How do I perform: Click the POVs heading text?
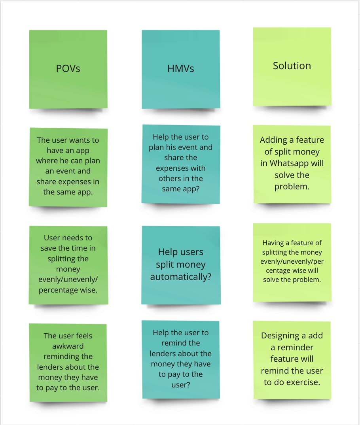click(68, 69)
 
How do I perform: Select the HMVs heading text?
click(181, 69)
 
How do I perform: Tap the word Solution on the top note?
click(292, 66)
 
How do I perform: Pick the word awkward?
click(68, 346)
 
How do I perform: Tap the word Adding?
click(273, 140)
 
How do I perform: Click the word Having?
click(273, 243)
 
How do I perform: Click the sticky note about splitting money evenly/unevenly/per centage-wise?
click(292, 262)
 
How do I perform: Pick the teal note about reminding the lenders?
click(181, 359)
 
